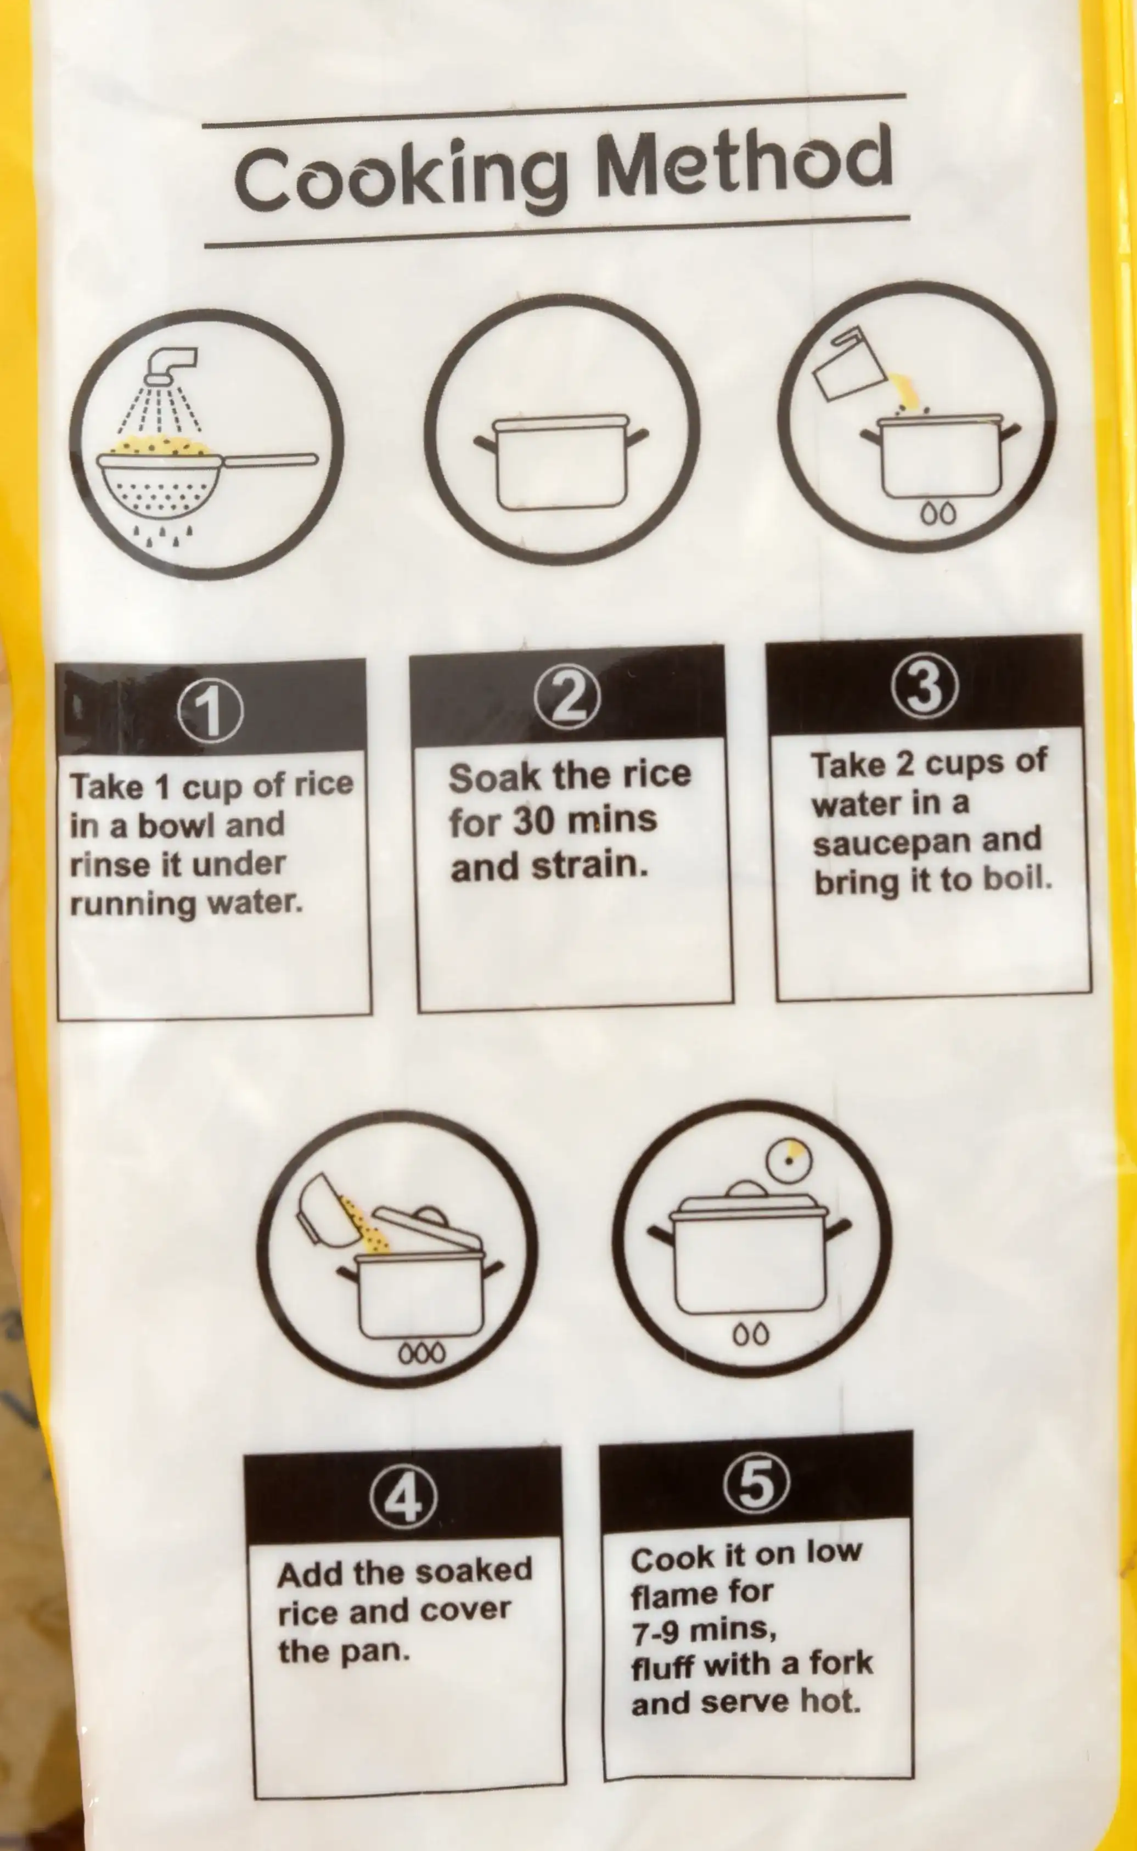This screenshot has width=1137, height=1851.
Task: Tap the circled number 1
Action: [211, 711]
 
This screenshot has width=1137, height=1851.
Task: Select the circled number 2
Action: [568, 697]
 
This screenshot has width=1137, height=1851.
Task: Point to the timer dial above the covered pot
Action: [789, 1160]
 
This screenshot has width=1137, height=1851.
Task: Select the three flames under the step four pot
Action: [422, 1353]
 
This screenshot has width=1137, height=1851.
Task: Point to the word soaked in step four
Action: [474, 1570]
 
